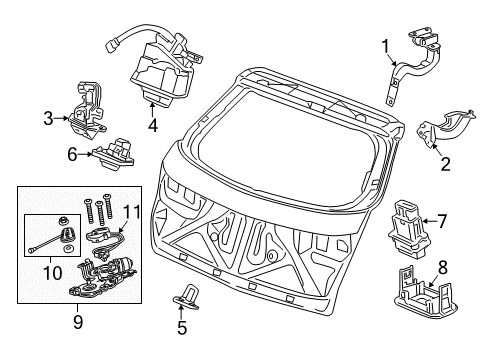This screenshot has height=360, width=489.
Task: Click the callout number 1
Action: pyautogui.click(x=385, y=46)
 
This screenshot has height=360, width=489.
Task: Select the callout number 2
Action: pyautogui.click(x=446, y=164)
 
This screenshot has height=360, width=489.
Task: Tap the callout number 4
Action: pyautogui.click(x=153, y=125)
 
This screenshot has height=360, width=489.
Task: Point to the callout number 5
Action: pyautogui.click(x=182, y=328)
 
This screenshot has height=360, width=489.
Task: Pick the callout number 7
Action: pyautogui.click(x=442, y=221)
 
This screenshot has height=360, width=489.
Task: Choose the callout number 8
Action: pyautogui.click(x=442, y=267)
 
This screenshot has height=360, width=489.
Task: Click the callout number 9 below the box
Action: pyautogui.click(x=78, y=322)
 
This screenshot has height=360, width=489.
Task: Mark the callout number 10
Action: pyautogui.click(x=53, y=273)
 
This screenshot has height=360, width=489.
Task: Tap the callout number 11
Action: pyautogui.click(x=132, y=212)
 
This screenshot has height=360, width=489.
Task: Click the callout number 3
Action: pyautogui.click(x=48, y=118)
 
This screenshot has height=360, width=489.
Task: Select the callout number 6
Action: pyautogui.click(x=72, y=154)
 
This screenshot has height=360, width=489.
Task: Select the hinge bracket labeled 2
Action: pyautogui.click(x=445, y=129)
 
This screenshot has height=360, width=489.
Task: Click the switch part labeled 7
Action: pyautogui.click(x=409, y=229)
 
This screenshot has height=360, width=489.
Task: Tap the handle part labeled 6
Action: pyautogui.click(x=114, y=152)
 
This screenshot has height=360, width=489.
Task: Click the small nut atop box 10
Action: pyautogui.click(x=62, y=220)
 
